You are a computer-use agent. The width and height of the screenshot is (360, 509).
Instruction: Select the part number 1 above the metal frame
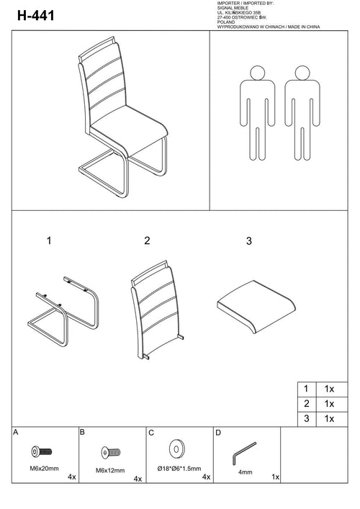(x=49, y=241)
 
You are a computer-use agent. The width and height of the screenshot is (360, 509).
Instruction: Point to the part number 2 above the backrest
(x=147, y=241)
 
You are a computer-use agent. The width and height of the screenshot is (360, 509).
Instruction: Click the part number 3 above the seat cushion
(x=249, y=241)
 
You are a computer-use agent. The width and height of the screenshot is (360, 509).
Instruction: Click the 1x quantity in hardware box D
(x=276, y=477)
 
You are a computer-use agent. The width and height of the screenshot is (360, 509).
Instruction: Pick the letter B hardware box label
(x=83, y=433)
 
